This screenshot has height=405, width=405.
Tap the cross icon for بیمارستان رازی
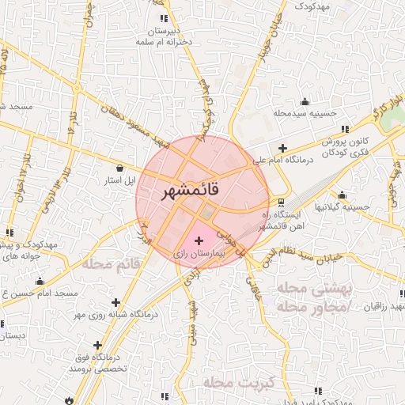[x=198, y=238]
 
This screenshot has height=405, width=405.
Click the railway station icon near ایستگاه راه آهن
[x=282, y=202]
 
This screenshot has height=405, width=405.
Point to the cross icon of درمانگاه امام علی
[x=283, y=147]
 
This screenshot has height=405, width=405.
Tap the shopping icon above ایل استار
[x=119, y=168]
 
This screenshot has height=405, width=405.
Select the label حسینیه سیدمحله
[x=305, y=114]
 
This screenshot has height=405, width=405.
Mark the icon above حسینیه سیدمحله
[x=305, y=101]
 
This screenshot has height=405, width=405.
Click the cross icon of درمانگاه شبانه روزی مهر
[x=116, y=301]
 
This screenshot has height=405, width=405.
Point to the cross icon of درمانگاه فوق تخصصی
[x=97, y=345]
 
